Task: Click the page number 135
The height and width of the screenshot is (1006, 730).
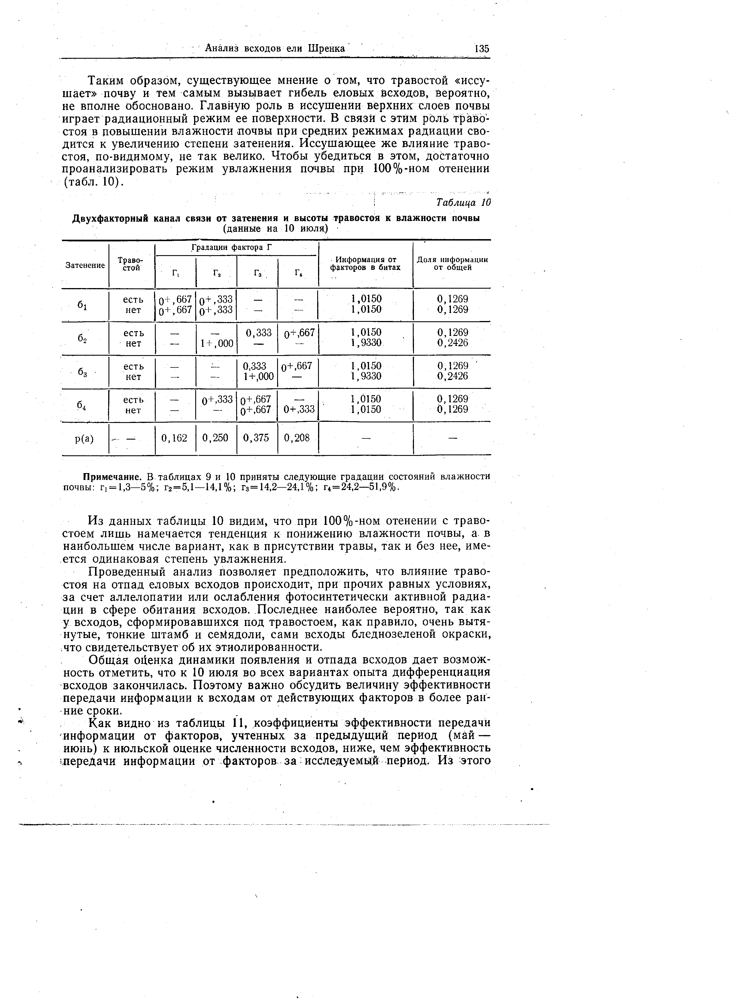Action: [x=481, y=48]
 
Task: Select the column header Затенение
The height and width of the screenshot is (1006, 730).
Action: [x=85, y=265]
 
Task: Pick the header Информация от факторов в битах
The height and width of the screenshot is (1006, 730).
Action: [x=366, y=263]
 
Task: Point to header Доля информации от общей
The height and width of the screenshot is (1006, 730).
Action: [x=452, y=263]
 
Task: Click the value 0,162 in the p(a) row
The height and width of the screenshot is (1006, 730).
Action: [x=174, y=438]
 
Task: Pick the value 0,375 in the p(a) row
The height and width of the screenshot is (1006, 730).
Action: [x=256, y=438]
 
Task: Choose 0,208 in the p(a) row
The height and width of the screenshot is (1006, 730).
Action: [x=297, y=438]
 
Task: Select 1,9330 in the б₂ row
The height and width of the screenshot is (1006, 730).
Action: [x=366, y=343]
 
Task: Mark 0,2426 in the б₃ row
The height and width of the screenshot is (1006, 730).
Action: [x=452, y=376]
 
